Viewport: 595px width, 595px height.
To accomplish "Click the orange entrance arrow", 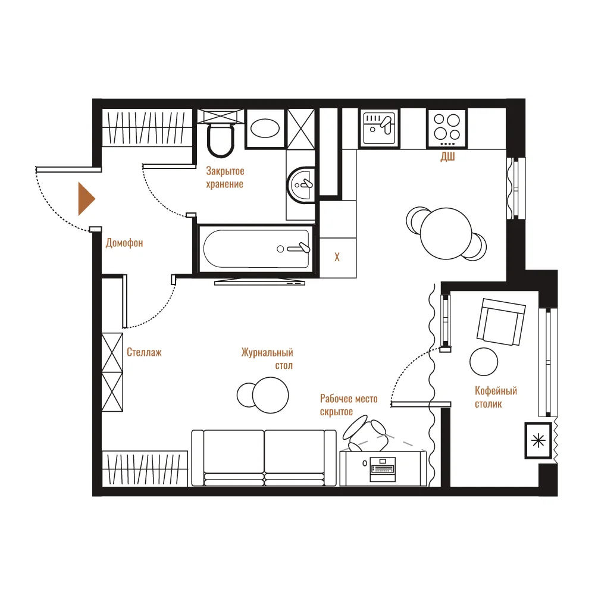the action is coord(86,199).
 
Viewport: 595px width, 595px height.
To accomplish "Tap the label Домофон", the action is coord(124,243).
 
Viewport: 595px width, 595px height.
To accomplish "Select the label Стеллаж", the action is coord(144,352).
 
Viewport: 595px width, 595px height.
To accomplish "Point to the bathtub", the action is coord(256,249).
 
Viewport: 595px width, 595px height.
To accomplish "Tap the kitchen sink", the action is coord(379,127).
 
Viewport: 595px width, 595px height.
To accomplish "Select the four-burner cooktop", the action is coord(447,128).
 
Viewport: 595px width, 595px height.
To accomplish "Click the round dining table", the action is coord(446,233).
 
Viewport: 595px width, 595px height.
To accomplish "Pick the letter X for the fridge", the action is coord(337,257).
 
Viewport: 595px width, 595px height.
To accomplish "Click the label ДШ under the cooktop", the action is coord(447,156).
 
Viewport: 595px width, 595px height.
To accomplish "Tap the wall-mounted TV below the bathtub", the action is coord(259,282).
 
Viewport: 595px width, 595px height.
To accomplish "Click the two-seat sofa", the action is coord(264,458).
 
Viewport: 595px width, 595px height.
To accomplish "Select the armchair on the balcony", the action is coord(501,322).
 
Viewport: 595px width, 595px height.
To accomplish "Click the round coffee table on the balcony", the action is coord(483,362).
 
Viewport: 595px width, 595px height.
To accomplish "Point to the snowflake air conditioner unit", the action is coord(538,440).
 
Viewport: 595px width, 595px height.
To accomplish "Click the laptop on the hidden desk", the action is coord(383,469).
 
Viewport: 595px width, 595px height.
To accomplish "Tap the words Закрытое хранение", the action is coord(225,177).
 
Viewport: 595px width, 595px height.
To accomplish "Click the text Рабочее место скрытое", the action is coord(349,405).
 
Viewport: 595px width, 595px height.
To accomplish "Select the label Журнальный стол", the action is coord(267,359).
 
